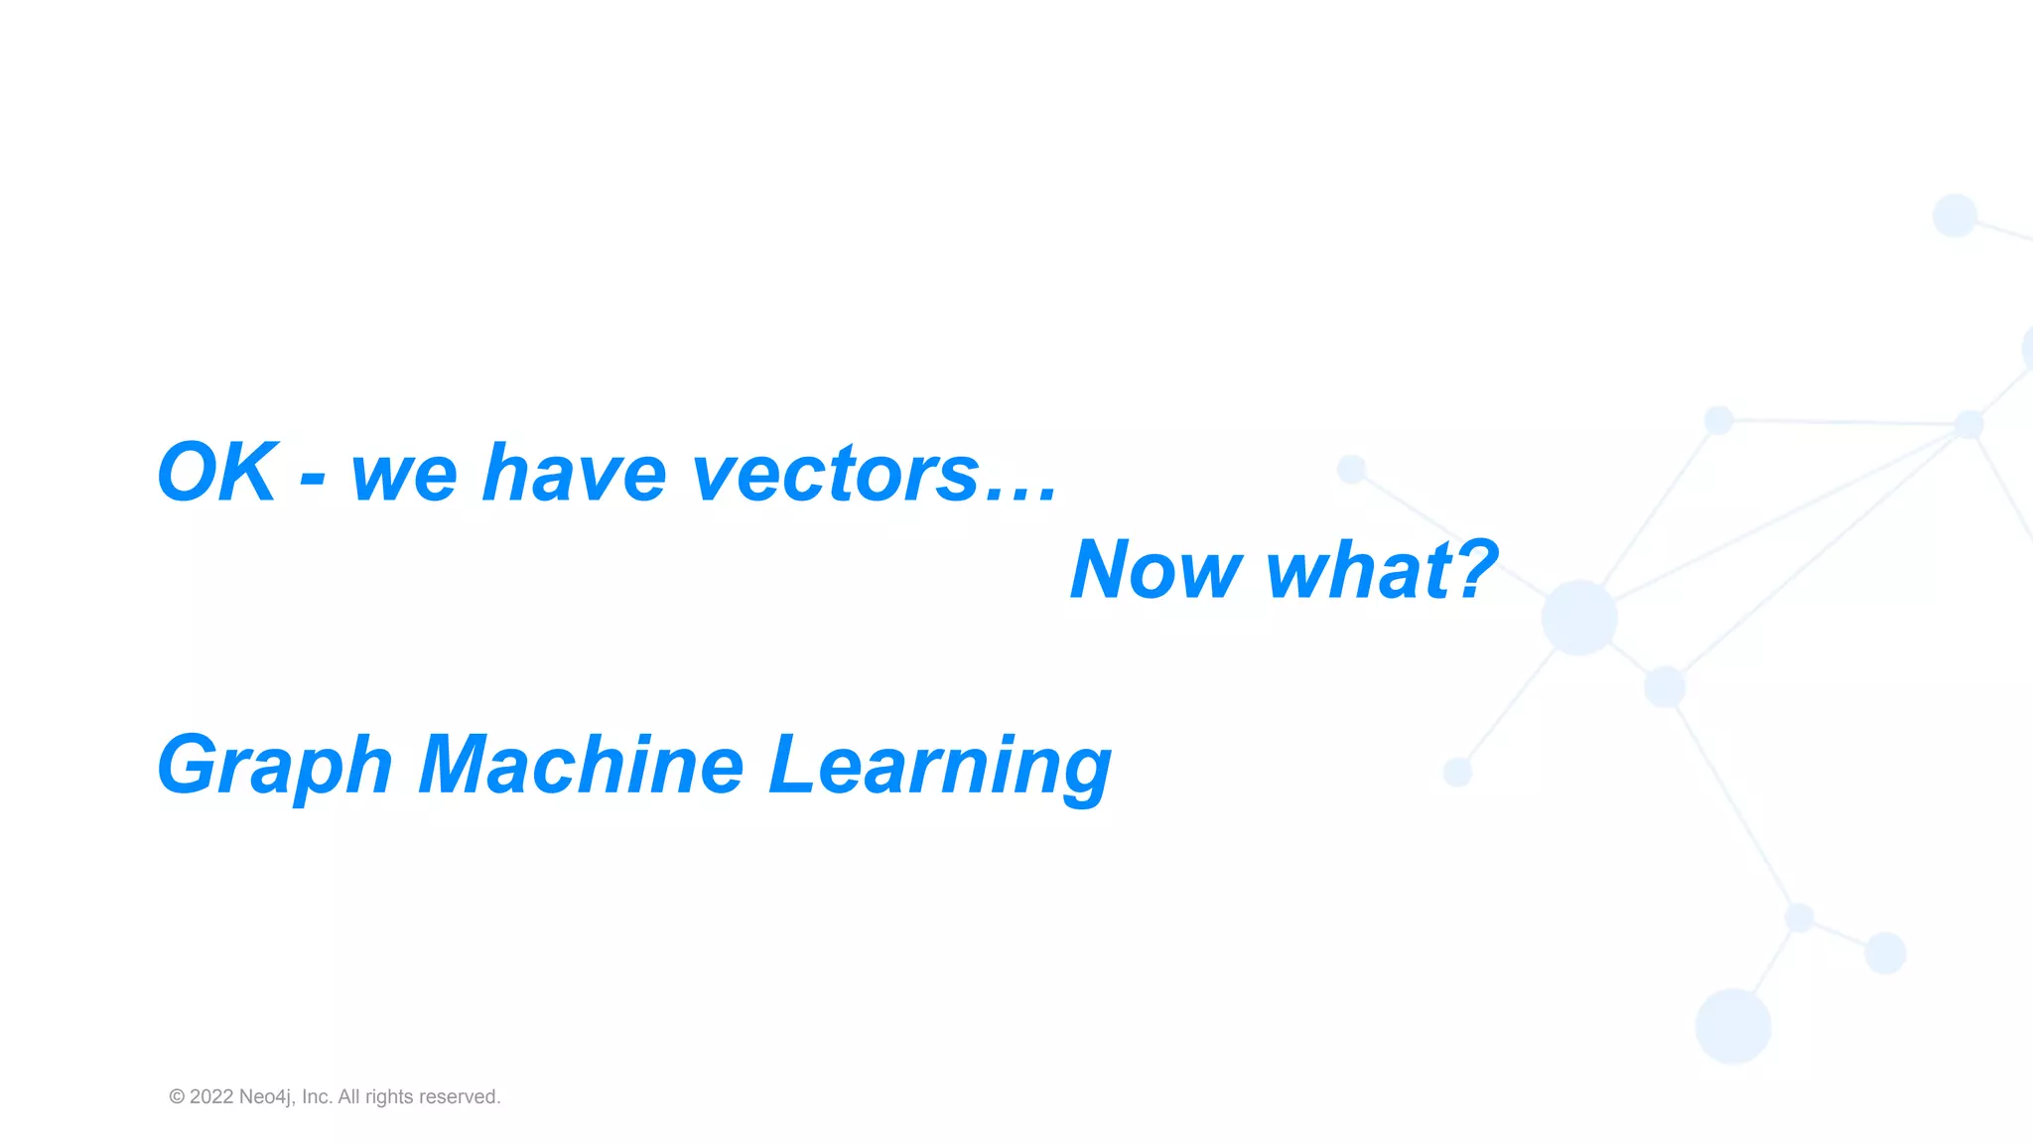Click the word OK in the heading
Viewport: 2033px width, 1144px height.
[x=217, y=473]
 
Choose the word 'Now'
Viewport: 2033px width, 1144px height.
[x=1155, y=570]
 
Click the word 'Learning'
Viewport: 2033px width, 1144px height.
[x=940, y=766]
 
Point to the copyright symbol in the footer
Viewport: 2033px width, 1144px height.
[x=177, y=1096]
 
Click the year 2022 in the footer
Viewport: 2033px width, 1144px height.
[x=211, y=1096]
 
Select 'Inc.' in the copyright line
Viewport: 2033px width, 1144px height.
[x=317, y=1096]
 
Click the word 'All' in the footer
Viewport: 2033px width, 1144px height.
[x=349, y=1096]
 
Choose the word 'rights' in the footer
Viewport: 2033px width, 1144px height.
[x=389, y=1097]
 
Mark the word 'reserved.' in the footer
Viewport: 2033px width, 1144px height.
[x=460, y=1096]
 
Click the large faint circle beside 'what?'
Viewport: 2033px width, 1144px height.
[x=1578, y=618]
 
